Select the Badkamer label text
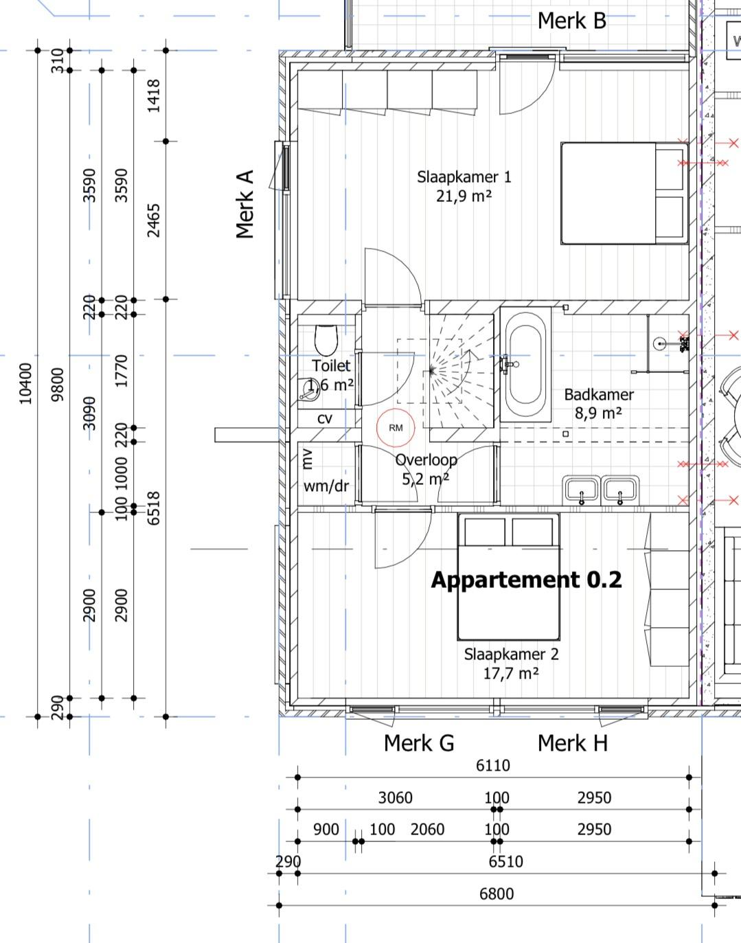tap(599, 394)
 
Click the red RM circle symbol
tap(396, 428)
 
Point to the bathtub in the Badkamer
tap(525, 365)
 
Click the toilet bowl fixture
tap(326, 340)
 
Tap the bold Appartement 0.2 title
tap(526, 580)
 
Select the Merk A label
tap(244, 204)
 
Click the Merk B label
tap(572, 21)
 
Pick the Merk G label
tap(419, 743)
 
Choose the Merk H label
tap(573, 743)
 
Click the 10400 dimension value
tap(25, 384)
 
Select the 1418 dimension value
tap(154, 96)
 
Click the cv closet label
tap(325, 418)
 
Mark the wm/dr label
tap(326, 486)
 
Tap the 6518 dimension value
tap(154, 508)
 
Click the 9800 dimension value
tap(58, 385)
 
